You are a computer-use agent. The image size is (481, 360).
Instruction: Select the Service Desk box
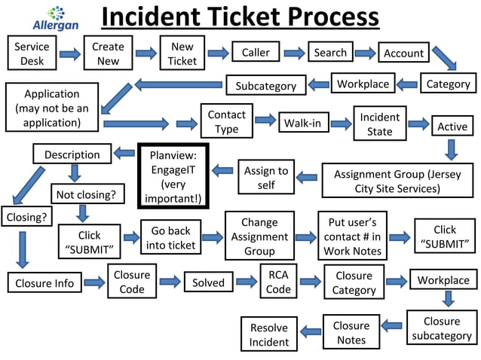coord(32,53)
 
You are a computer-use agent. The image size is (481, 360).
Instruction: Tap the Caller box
coord(256,53)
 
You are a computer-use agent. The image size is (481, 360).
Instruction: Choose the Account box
coord(404,53)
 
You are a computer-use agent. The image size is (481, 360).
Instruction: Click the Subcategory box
coord(265,86)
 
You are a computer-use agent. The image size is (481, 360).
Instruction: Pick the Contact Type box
coord(226,121)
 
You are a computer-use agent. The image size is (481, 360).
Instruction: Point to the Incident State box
coord(379,124)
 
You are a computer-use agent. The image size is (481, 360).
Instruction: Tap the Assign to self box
coord(265,177)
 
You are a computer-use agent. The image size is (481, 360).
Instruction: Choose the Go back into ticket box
coord(170,237)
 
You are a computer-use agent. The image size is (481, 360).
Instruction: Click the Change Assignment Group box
coord(259,236)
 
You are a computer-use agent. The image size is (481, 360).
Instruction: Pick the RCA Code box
coord(278,281)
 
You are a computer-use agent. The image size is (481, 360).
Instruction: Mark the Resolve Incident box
coord(269,335)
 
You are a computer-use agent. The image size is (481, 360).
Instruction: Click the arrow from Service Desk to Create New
coord(69,53)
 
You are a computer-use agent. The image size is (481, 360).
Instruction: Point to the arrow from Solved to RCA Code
coord(246,282)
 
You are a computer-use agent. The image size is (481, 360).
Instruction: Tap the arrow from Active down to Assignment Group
coord(451,150)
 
